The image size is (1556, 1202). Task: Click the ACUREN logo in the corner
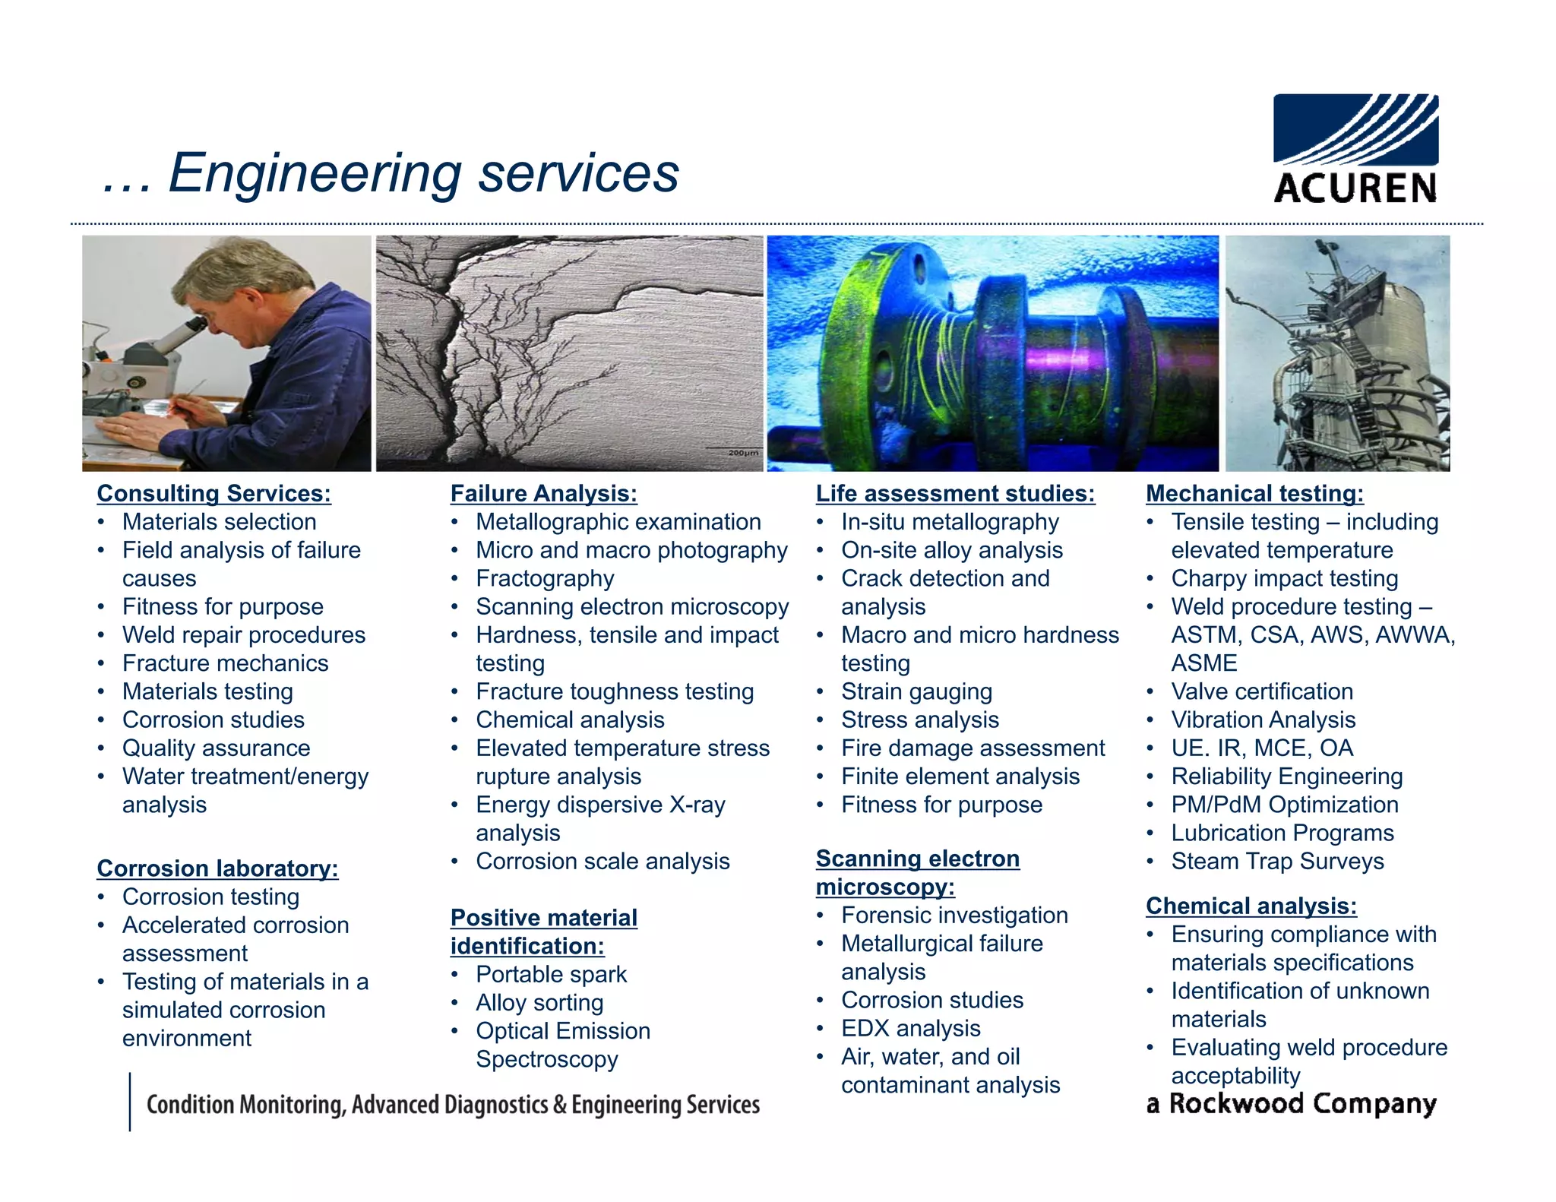(1355, 148)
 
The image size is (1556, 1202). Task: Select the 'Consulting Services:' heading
(213, 493)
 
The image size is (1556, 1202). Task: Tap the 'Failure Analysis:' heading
(543, 493)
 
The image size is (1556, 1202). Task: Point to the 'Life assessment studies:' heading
(955, 493)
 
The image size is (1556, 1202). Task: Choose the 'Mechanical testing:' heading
(1254, 493)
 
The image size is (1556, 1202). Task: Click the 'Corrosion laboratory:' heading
(217, 868)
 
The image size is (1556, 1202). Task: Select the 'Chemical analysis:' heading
(1251, 906)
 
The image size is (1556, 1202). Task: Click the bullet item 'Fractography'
(545, 578)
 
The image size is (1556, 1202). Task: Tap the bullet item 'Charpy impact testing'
(1284, 578)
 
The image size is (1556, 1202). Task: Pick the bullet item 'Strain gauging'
(916, 691)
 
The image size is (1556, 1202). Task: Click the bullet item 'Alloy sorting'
(539, 1002)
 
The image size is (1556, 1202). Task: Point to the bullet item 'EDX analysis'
(910, 1028)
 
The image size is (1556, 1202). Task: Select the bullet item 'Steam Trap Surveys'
(1277, 861)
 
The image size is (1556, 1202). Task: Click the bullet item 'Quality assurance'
(216, 748)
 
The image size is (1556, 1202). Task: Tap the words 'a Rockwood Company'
(1291, 1103)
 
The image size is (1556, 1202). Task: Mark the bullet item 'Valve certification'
(1261, 691)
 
